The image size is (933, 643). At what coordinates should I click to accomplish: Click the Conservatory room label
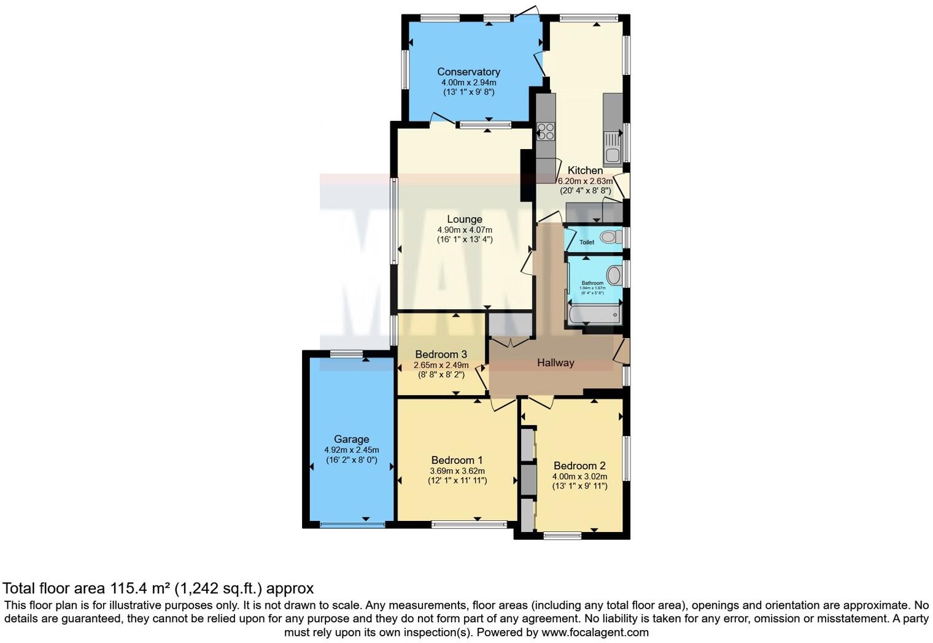pos(468,72)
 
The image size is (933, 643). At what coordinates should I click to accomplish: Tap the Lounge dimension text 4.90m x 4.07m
pos(465,230)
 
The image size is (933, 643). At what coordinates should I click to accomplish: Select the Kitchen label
pos(585,171)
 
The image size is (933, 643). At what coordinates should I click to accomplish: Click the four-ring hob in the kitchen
pos(546,132)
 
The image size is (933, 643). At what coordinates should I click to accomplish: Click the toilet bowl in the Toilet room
pos(610,237)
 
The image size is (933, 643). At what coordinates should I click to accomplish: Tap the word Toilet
pos(587,242)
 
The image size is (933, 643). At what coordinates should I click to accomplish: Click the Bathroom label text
pos(592,283)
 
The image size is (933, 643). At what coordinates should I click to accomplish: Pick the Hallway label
pos(556,363)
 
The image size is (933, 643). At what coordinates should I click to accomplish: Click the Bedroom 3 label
pos(441,354)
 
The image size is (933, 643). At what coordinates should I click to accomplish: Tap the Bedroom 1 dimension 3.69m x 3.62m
pos(457,471)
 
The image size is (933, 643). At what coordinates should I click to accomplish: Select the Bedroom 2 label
pos(579,466)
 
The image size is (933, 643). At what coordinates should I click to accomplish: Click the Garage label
pos(352,439)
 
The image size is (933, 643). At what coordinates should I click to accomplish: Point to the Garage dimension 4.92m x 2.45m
pos(352,450)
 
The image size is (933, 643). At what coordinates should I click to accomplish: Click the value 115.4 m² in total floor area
pos(140,588)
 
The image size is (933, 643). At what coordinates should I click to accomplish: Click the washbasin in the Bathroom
pos(614,276)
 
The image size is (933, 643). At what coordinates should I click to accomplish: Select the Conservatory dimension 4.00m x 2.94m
pos(468,82)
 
